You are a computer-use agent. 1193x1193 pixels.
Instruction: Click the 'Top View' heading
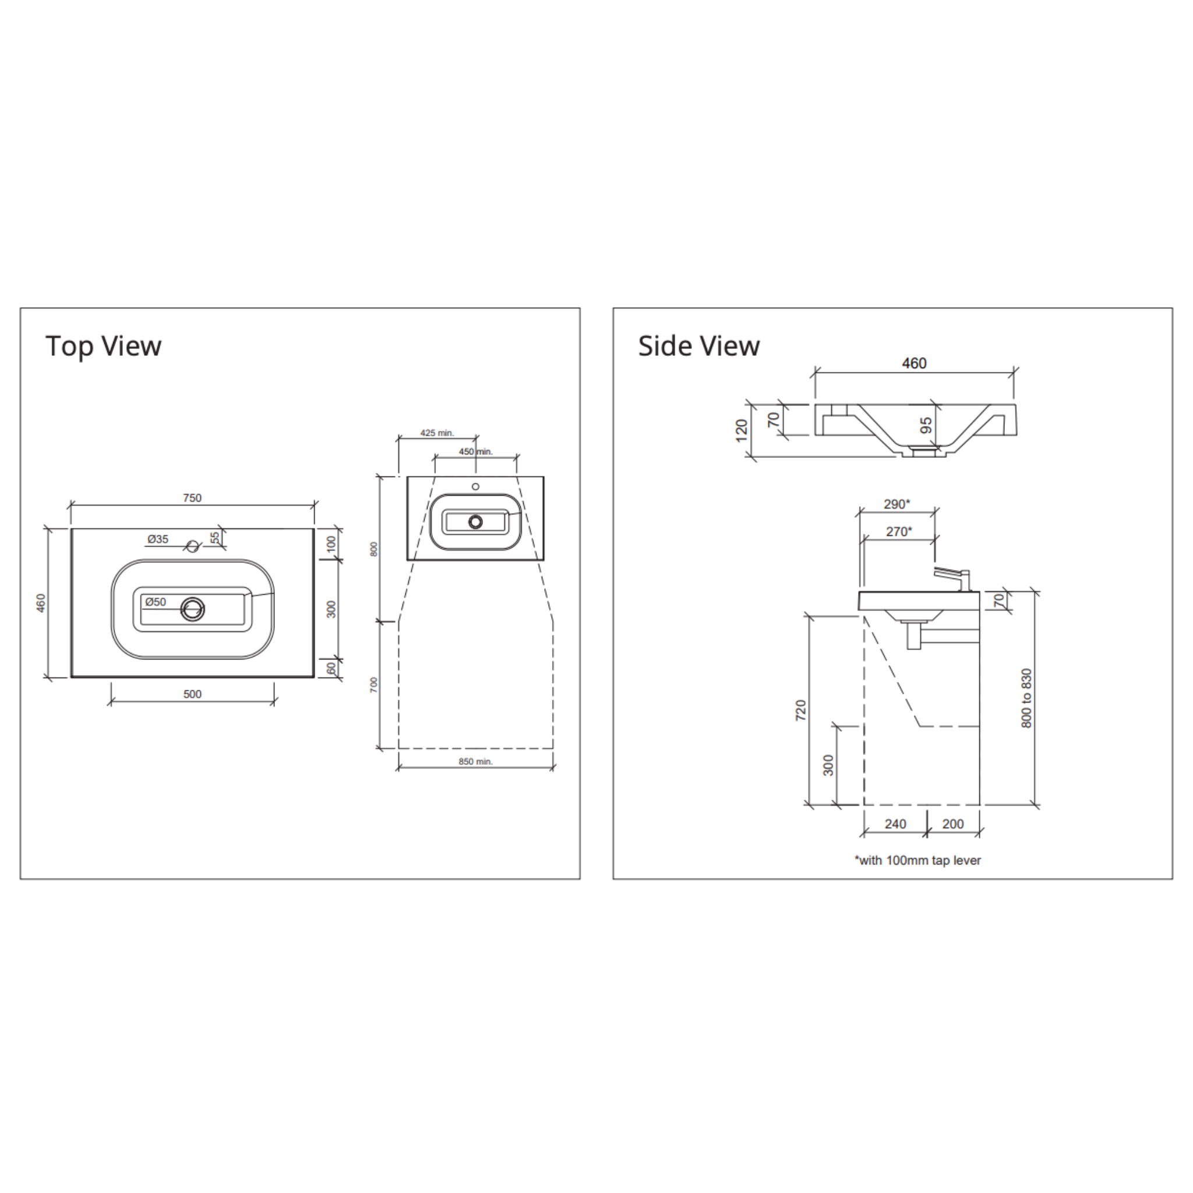tap(103, 347)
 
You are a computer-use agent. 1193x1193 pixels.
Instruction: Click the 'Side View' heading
tap(698, 347)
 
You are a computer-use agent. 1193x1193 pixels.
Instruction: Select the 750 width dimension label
tap(192, 497)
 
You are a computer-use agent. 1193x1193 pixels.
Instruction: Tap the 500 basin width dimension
tap(192, 694)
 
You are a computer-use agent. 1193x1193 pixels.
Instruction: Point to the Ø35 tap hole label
tap(157, 539)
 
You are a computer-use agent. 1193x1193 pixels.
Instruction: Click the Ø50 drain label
tap(155, 601)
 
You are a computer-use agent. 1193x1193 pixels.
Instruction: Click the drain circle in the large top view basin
tap(193, 609)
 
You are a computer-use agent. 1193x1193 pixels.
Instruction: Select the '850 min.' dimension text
tap(475, 761)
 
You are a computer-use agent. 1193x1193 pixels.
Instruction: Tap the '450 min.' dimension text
tap(475, 451)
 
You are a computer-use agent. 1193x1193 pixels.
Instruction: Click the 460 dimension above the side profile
tap(914, 363)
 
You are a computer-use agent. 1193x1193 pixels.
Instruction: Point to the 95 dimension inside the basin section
tap(926, 425)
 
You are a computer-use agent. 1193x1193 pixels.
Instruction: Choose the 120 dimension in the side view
tap(742, 430)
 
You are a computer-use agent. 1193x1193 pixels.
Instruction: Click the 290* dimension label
tap(896, 504)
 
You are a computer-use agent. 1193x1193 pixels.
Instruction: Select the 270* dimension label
tap(898, 531)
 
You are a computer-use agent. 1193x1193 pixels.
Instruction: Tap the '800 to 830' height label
tap(1026, 698)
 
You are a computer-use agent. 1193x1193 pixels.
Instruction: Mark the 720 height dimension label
tap(801, 710)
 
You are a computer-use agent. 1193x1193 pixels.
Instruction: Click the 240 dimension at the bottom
tap(895, 824)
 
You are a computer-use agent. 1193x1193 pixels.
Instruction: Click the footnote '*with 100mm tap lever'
tap(917, 860)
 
